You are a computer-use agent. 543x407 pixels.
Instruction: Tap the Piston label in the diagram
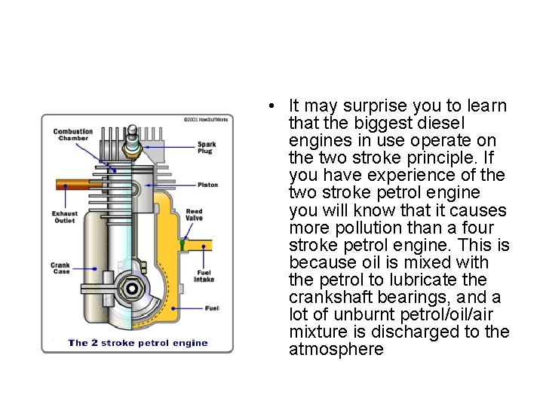click(208, 185)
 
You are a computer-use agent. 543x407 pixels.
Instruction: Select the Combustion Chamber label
click(73, 135)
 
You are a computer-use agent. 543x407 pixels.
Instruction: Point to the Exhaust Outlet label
click(65, 216)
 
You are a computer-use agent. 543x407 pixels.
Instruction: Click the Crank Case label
click(60, 268)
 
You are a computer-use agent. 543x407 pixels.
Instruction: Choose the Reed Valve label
click(195, 215)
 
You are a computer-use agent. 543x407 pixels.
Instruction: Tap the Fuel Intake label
click(204, 276)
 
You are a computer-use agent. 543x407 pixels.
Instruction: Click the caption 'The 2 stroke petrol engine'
click(137, 343)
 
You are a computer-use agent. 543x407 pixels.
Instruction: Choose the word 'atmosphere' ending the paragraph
click(336, 350)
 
